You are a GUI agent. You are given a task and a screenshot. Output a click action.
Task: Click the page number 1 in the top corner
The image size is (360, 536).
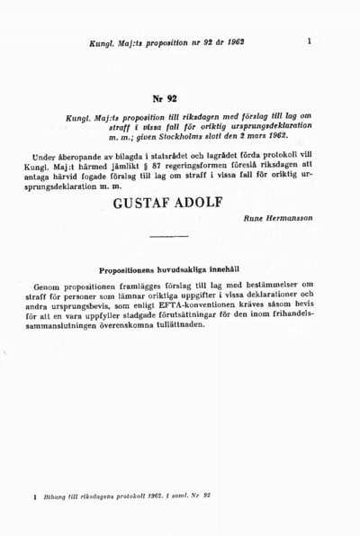point(309,41)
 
